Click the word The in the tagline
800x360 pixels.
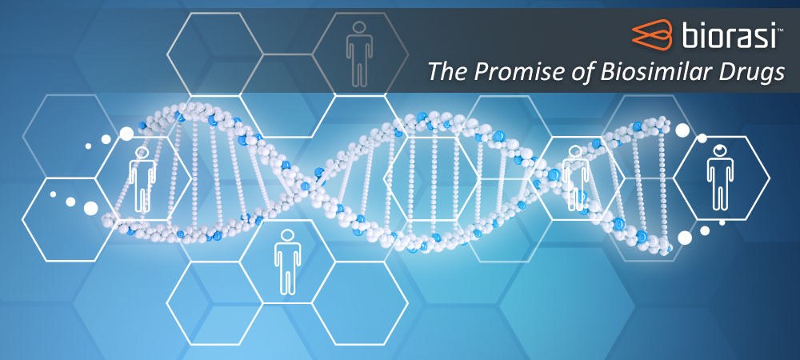click(x=449, y=71)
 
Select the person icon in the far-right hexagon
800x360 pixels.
click(x=720, y=177)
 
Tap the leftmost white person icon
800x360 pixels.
click(x=142, y=180)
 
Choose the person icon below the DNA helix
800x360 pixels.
click(x=287, y=262)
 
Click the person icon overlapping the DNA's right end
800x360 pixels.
click(x=575, y=178)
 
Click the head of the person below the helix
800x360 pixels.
click(x=287, y=235)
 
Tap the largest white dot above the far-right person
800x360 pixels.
click(x=682, y=130)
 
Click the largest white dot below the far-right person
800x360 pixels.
click(x=685, y=238)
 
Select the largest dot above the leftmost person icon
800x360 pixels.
click(x=126, y=134)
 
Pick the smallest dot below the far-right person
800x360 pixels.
click(x=722, y=222)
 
